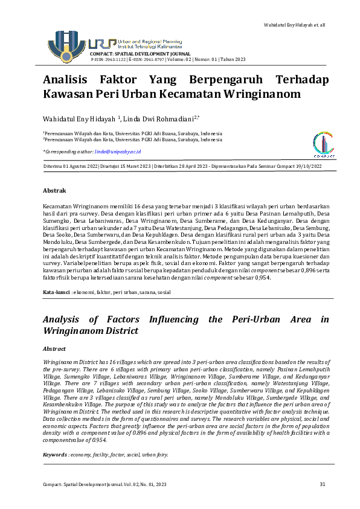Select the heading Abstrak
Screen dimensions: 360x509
click(54, 190)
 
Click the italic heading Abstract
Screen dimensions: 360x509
click(55, 349)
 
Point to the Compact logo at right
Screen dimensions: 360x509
click(324, 146)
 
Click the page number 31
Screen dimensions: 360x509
click(323, 485)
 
